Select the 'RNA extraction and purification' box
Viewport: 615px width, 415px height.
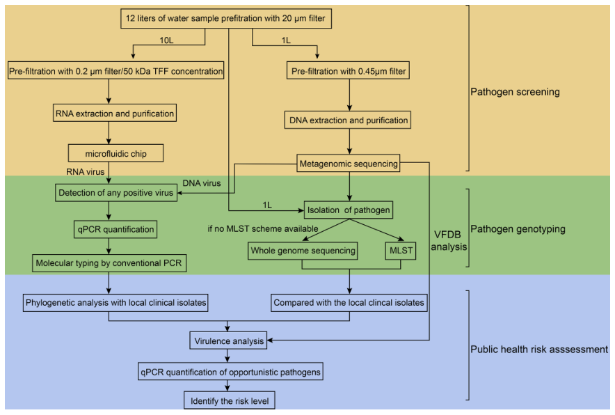coord(114,112)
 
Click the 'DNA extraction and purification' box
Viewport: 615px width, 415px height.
coord(349,120)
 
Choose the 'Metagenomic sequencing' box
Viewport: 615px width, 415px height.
coord(349,164)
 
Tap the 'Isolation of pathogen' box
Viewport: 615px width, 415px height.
coord(348,209)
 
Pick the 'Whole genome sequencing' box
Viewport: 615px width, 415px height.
coord(302,251)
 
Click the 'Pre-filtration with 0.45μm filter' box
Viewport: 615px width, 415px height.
coord(349,71)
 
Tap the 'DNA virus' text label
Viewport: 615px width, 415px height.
coord(201,183)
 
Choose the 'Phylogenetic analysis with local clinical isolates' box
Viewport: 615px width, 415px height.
coord(116,303)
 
